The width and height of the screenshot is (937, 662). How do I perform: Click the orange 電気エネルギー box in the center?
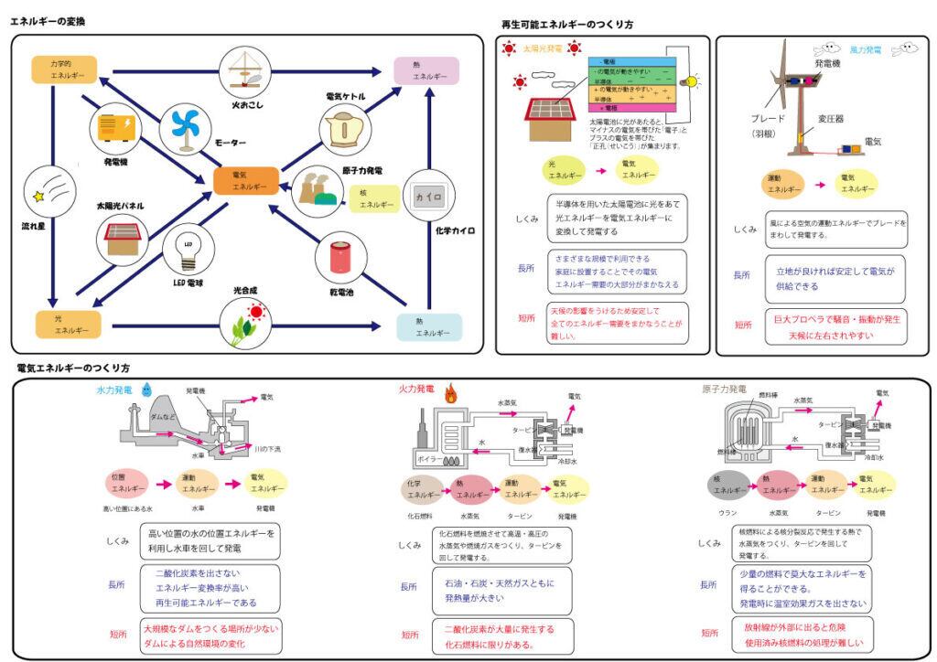pos(245,180)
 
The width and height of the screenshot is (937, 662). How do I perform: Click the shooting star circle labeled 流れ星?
pos(45,190)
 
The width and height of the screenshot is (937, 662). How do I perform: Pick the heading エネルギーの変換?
pos(48,20)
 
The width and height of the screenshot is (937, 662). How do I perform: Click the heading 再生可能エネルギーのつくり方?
pos(567,25)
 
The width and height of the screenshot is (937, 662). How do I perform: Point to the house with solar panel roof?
pos(550,116)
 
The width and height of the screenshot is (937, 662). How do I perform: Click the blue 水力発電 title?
pos(113,390)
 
